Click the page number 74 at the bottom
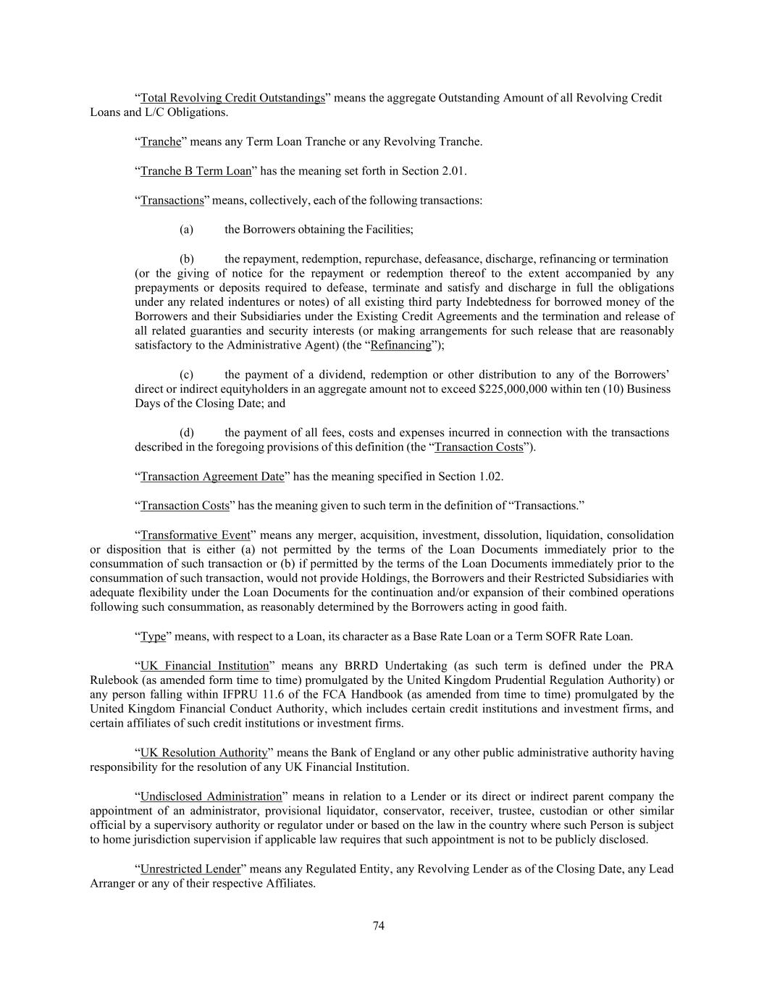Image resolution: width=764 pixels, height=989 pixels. (378, 925)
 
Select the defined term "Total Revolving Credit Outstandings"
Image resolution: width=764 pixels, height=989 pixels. (232, 98)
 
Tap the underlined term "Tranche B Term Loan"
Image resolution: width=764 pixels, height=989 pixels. (196, 171)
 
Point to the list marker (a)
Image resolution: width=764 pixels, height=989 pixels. (186, 230)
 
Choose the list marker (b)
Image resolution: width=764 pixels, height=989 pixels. (186, 259)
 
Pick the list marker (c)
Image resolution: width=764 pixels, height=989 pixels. (186, 375)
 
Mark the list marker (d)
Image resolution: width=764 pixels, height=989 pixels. (186, 433)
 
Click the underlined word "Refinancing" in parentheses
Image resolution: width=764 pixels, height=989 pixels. (400, 346)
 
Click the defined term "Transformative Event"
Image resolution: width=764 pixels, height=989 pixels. (196, 535)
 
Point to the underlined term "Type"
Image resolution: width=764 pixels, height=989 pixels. (153, 637)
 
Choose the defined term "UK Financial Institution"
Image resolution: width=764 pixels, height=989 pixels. (204, 666)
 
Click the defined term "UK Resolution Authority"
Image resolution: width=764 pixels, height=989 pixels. (203, 753)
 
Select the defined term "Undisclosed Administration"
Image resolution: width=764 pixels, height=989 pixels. (211, 796)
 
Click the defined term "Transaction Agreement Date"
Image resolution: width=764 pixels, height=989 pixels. (212, 476)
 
